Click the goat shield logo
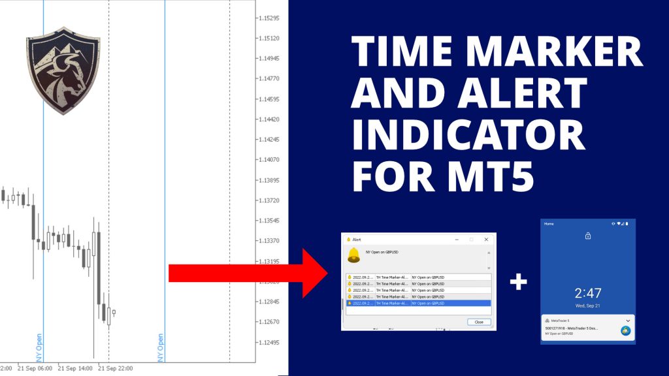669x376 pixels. [x=63, y=70]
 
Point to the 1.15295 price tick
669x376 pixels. [x=268, y=18]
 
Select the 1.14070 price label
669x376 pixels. [x=268, y=159]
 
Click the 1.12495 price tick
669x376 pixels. [x=268, y=343]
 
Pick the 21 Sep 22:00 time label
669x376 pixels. [x=115, y=369]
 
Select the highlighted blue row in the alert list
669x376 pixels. [x=417, y=303]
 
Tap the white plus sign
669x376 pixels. [x=518, y=281]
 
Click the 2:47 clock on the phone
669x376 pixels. [x=587, y=292]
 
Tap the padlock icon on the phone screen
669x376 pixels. [x=588, y=236]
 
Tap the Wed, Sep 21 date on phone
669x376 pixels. [x=587, y=305]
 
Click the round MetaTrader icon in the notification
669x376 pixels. [x=625, y=331]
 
